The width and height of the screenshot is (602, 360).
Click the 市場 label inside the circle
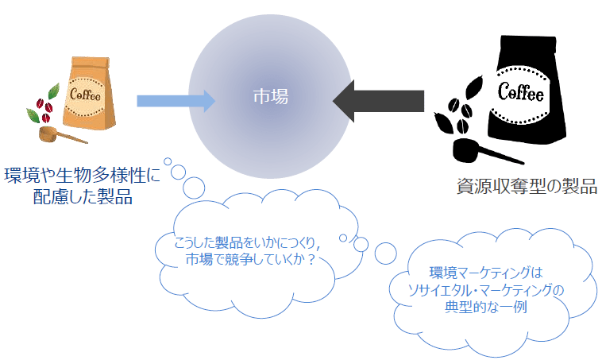(271, 96)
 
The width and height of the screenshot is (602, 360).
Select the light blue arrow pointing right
(176, 101)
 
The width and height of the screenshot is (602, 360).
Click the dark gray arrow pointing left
(378, 101)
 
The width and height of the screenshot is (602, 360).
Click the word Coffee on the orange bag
(85, 94)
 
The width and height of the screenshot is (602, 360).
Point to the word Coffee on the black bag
(521, 93)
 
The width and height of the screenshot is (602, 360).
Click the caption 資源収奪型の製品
(527, 186)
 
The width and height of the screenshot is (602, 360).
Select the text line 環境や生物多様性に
(82, 176)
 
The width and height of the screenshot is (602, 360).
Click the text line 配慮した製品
(83, 196)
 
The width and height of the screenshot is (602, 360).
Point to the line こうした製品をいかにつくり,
(248, 242)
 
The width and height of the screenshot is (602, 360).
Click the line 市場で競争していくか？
(251, 259)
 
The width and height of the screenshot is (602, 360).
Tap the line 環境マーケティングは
(486, 273)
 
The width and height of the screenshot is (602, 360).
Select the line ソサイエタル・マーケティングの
(486, 290)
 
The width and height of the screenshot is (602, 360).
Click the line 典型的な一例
(486, 307)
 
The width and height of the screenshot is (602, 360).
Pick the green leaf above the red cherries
(54, 91)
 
